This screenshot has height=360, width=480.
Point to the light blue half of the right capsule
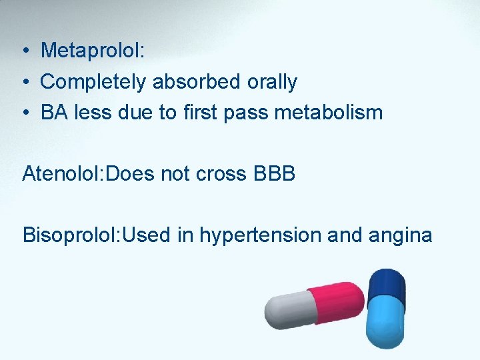click(385, 323)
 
